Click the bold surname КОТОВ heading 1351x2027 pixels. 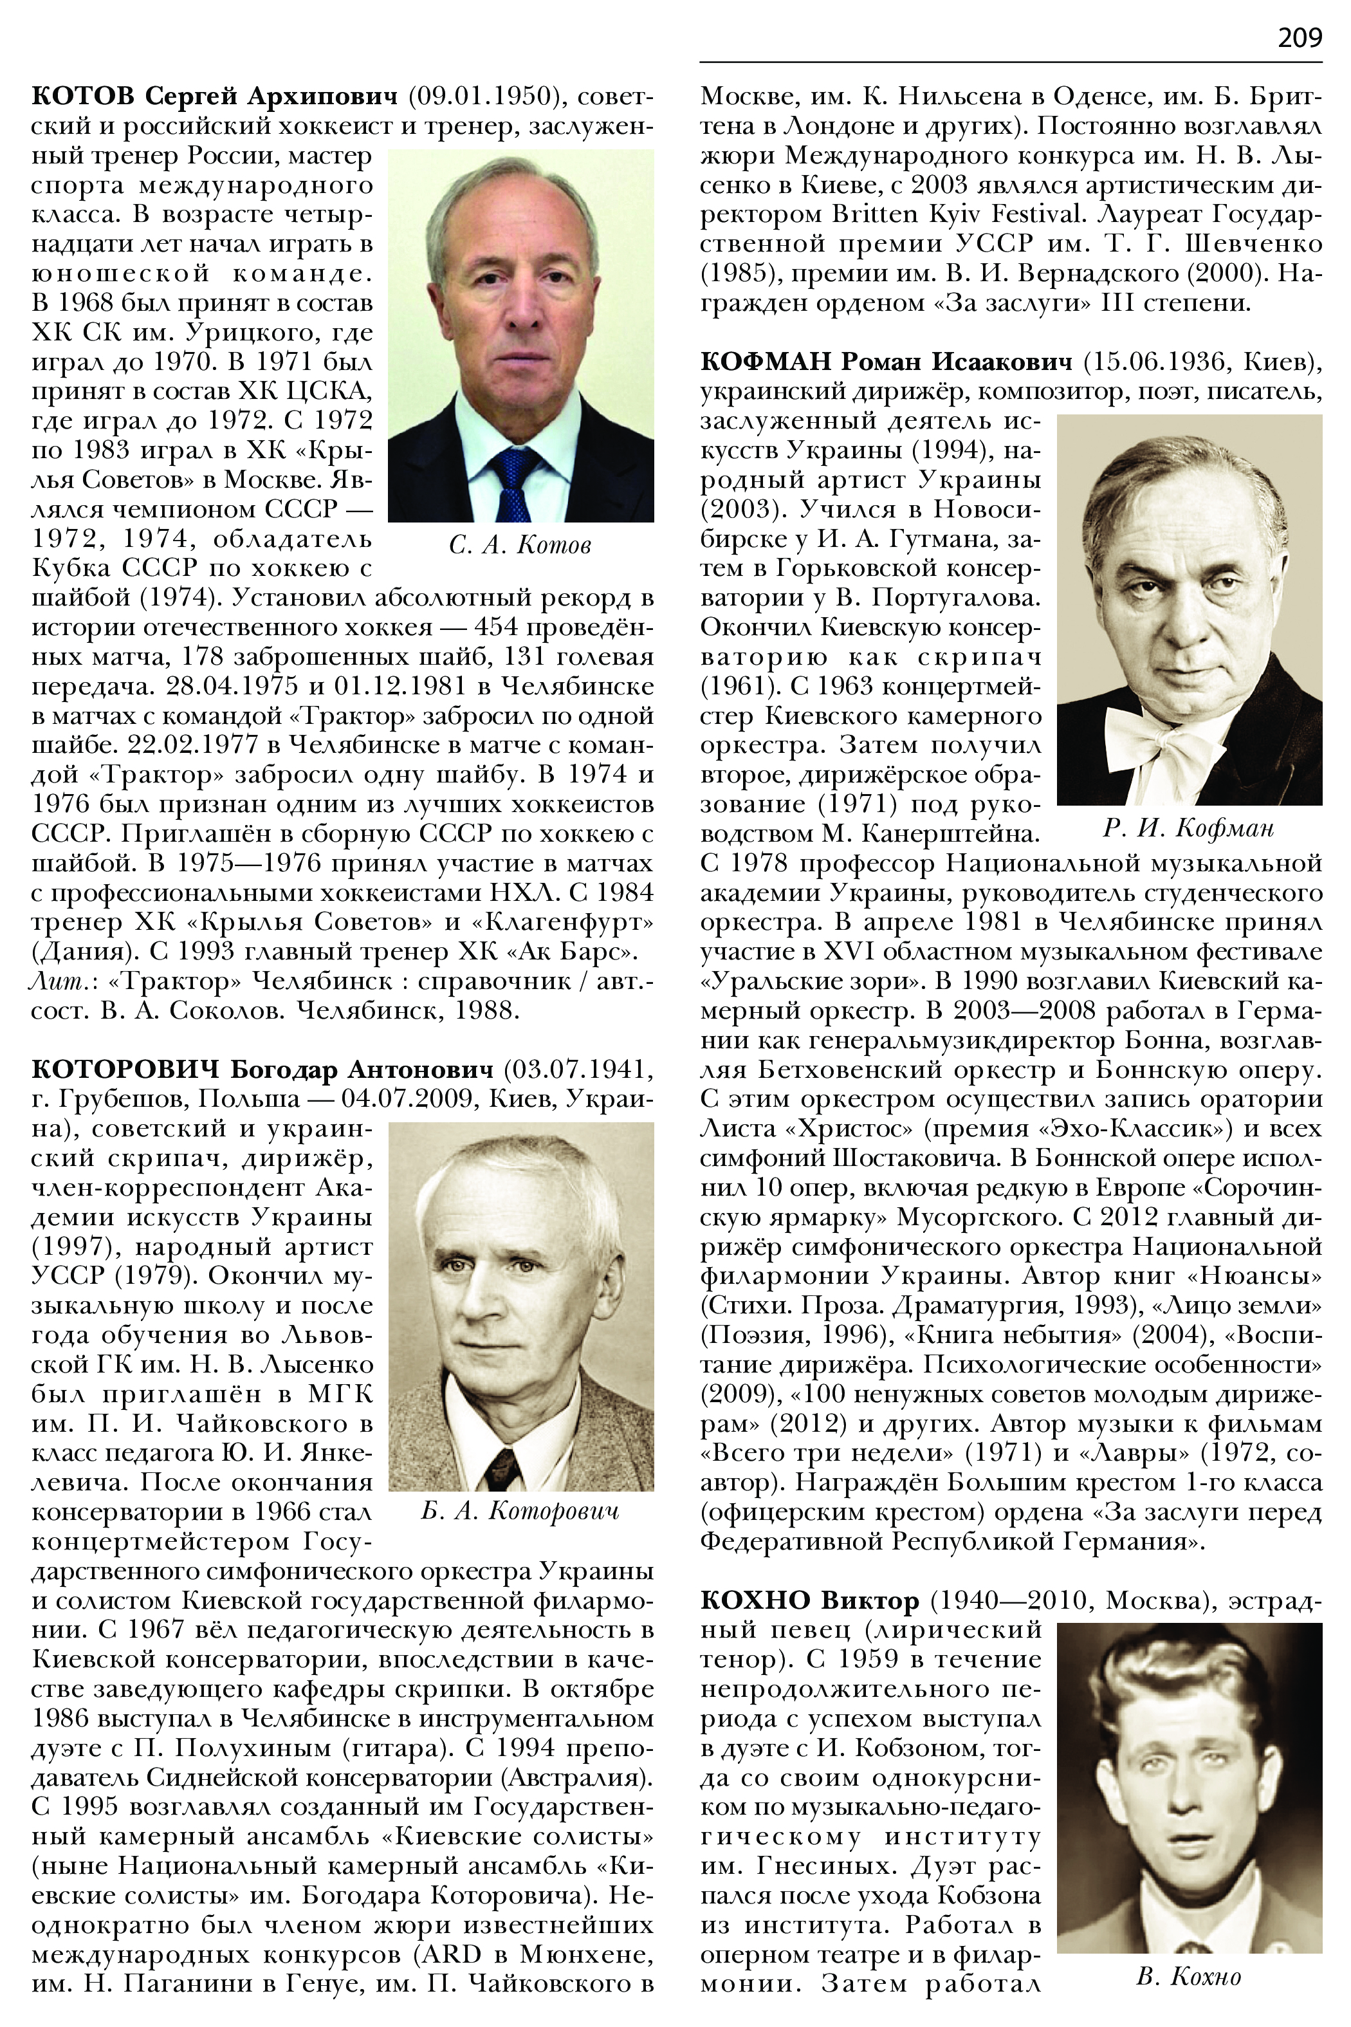[x=84, y=96]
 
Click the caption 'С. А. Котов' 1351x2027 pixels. [x=520, y=546]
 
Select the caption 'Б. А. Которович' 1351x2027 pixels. [x=520, y=1511]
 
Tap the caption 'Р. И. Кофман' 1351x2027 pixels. [x=1188, y=829]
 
